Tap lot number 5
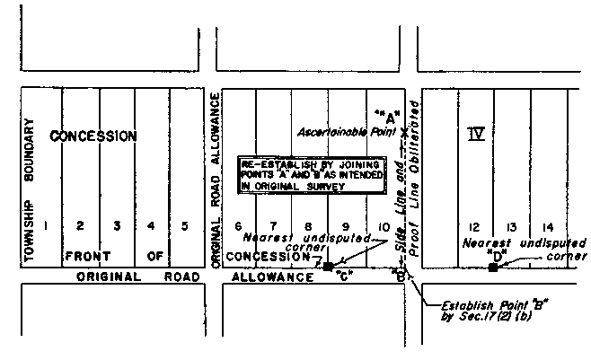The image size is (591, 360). coord(185,226)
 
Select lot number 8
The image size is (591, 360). coord(308,227)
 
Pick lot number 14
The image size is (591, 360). coord(547,227)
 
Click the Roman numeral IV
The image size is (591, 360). coord(476,135)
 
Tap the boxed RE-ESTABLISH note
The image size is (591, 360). coord(310,174)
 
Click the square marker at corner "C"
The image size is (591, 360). coord(328,267)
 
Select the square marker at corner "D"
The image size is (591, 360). coord(492,267)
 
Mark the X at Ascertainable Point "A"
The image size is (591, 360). coord(405,132)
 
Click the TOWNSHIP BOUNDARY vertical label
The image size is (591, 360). coord(30,192)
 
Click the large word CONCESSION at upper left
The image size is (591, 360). coord(93,136)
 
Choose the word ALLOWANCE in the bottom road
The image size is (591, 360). coord(267,278)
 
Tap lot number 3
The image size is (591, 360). coord(115,226)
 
